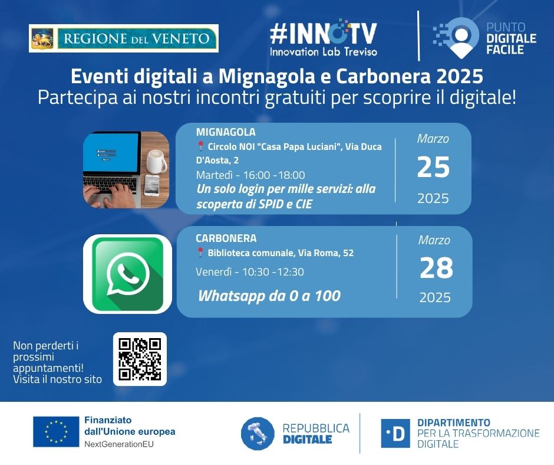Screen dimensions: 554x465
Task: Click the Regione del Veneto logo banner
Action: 124,38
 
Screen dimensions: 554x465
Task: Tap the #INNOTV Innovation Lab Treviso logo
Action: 324,38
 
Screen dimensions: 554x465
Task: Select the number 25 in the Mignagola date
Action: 433,167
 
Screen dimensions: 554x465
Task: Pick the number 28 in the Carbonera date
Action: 436,268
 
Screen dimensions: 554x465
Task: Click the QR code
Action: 140,359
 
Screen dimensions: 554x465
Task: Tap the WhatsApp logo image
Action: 127,274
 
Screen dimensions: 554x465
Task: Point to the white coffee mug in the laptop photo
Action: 156,161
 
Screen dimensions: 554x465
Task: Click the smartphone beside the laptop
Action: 152,185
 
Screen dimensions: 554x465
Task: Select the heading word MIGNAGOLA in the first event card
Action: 226,132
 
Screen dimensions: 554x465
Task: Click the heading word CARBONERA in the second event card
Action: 226,238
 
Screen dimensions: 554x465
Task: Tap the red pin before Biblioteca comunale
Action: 200,253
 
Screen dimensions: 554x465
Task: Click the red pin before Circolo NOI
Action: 201,146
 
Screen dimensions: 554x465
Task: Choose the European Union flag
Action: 56,431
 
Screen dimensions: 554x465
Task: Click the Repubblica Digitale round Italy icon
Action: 258,434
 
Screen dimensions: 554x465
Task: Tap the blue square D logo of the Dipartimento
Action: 395,433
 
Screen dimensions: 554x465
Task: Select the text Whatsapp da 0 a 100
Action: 269,296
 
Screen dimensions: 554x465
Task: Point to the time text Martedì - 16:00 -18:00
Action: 250,175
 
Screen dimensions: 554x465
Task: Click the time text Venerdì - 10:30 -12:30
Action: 250,272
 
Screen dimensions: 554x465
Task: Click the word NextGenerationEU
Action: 119,444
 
